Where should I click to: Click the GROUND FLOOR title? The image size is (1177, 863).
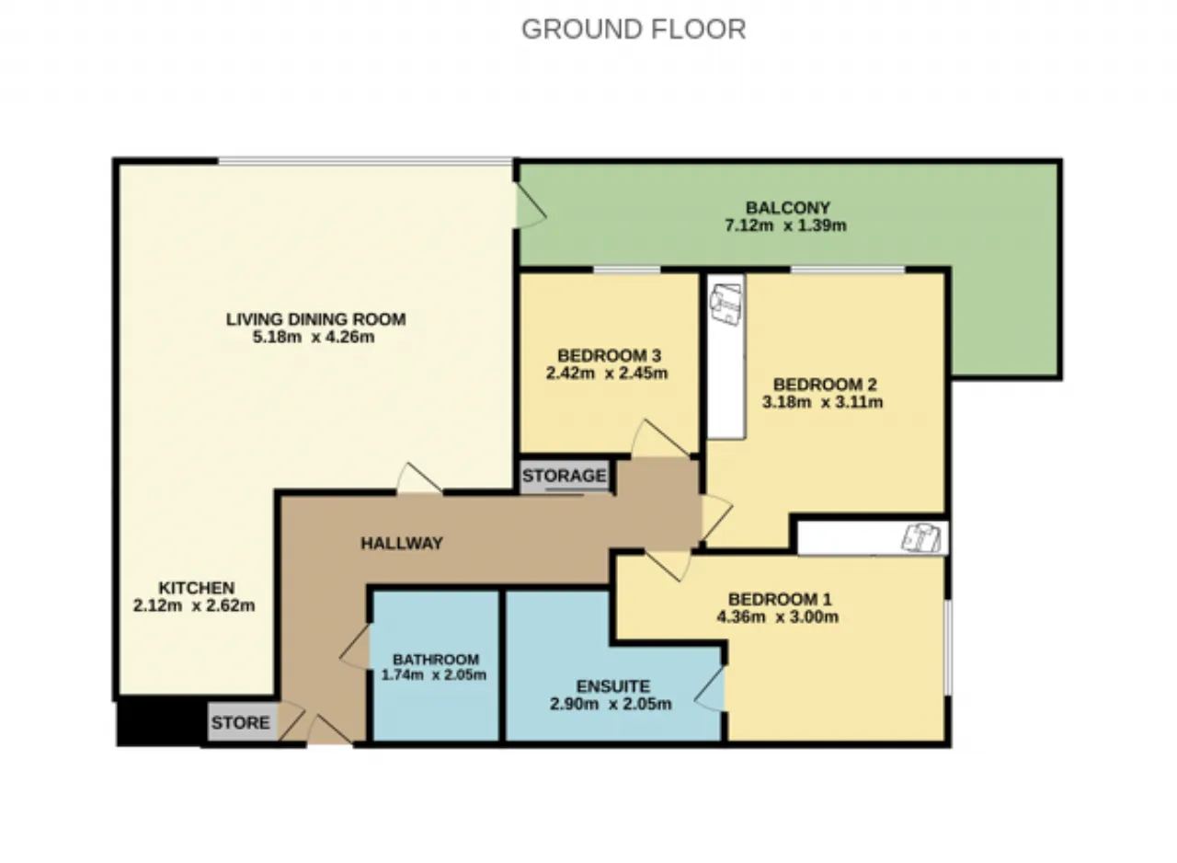coord(634,29)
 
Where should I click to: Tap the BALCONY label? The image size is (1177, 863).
coord(788,208)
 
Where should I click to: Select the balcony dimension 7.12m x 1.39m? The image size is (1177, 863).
coord(785,225)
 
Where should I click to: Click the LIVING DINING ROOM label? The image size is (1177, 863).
coord(315,319)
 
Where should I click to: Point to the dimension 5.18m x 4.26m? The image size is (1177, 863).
coord(314,337)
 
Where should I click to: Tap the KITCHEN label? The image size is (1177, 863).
coord(197,588)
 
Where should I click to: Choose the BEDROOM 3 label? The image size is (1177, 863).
coord(609,356)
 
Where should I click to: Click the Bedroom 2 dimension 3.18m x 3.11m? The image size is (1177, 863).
coord(822,402)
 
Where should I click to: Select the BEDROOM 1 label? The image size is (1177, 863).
coord(780,599)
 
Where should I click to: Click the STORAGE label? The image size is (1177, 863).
coord(565,476)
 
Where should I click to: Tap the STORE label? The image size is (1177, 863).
coord(241,722)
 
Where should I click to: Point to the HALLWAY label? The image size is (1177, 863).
coord(402,544)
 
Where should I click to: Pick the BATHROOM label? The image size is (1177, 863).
coord(436,659)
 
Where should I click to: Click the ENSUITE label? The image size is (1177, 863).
coord(613,686)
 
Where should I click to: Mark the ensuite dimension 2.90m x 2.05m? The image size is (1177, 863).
coord(611,704)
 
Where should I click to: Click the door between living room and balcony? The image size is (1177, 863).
coord(531,205)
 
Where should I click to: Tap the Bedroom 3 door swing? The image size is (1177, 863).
coord(661,439)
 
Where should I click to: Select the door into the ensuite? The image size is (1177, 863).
coord(710,688)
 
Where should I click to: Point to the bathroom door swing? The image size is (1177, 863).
coord(355,647)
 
